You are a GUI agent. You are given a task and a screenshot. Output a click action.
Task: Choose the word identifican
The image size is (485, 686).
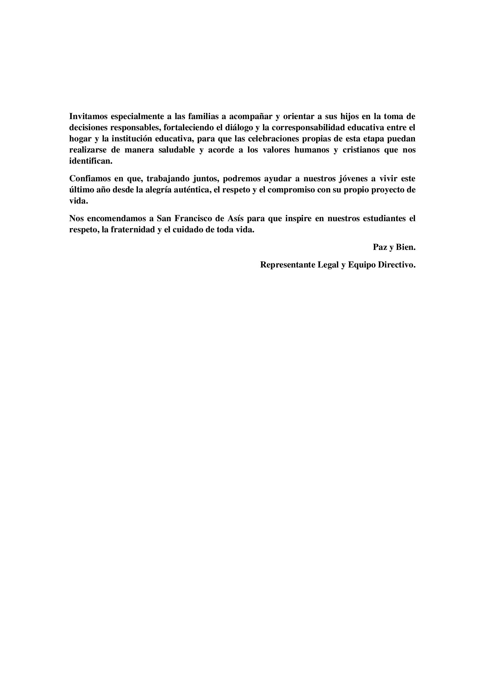(x=91, y=161)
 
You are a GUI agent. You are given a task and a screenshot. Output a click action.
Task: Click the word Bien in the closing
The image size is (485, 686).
(x=405, y=247)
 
